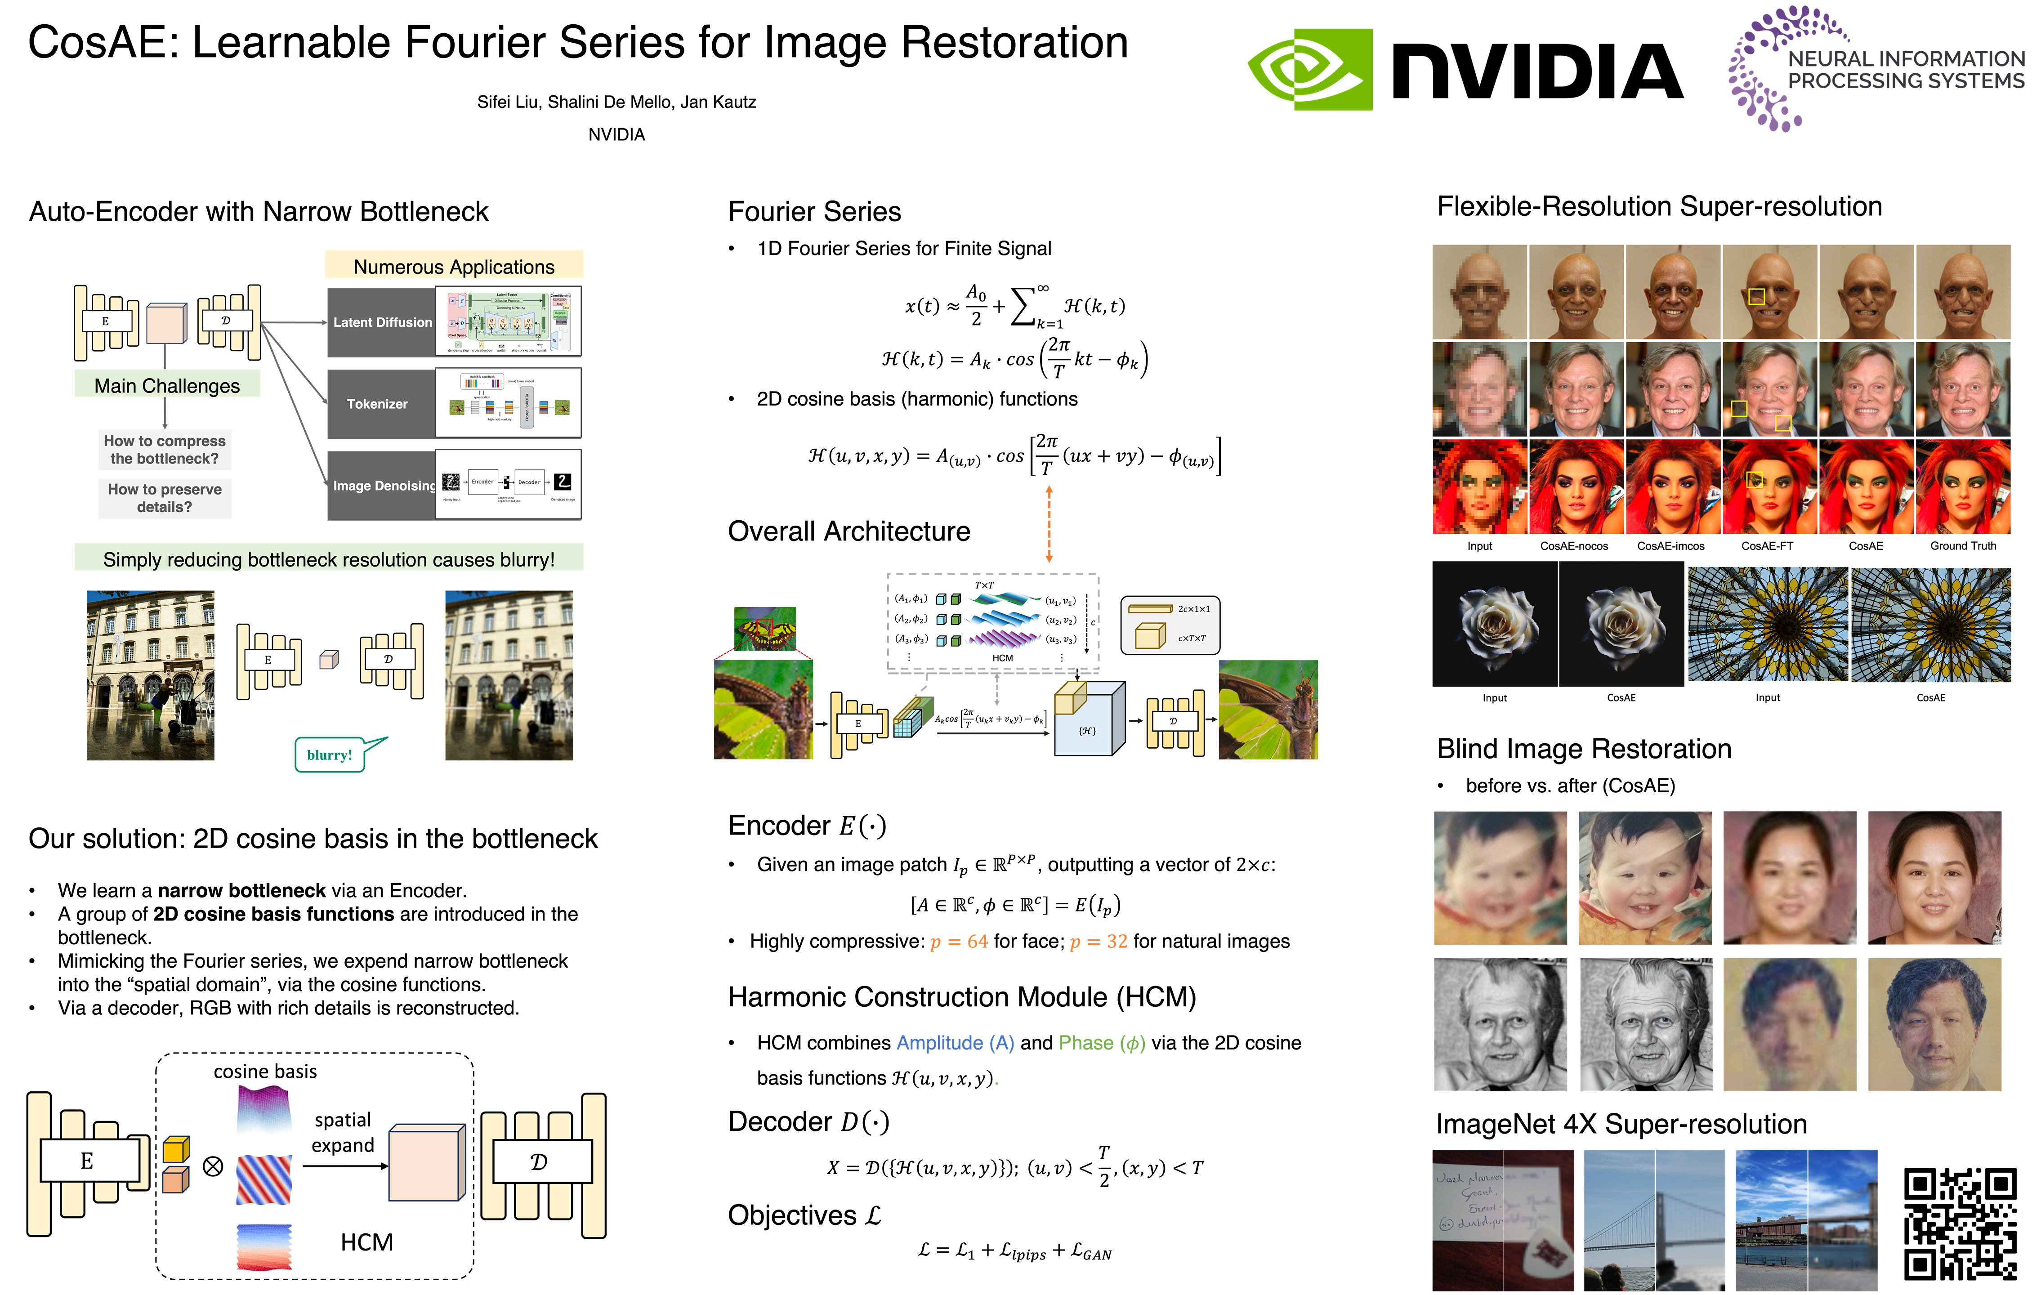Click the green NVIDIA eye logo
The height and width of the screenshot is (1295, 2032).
(x=1310, y=69)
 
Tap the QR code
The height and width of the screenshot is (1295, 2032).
(x=1960, y=1224)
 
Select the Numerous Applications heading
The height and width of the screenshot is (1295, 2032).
(x=454, y=266)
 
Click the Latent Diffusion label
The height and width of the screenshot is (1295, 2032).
(x=381, y=322)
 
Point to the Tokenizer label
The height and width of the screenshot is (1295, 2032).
(x=377, y=404)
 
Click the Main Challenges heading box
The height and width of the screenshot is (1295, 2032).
(x=167, y=385)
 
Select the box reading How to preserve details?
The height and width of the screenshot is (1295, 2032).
(x=165, y=498)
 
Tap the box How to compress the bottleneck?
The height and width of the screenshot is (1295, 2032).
(x=165, y=450)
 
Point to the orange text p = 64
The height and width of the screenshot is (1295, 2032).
(x=959, y=942)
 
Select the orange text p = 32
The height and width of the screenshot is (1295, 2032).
(x=1098, y=942)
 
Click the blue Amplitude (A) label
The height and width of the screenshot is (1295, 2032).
(x=955, y=1043)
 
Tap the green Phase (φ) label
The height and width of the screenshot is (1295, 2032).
(x=1101, y=1043)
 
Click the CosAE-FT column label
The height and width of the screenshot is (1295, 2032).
(x=1767, y=546)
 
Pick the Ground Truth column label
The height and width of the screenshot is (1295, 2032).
(x=1963, y=546)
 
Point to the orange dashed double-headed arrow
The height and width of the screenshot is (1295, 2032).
(x=1049, y=523)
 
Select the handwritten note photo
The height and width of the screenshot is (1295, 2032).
(x=1503, y=1219)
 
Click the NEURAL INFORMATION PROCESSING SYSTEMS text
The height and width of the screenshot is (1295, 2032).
(x=1906, y=70)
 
